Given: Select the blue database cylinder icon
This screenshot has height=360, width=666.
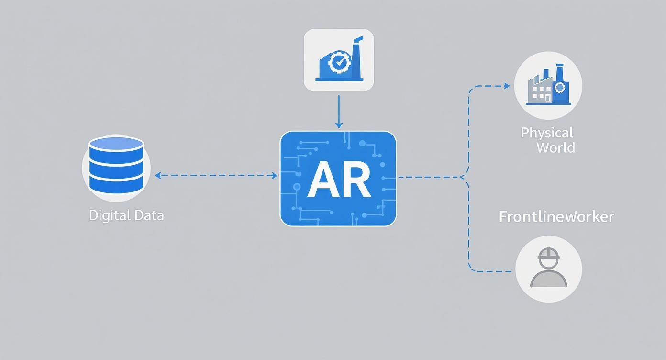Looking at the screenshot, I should [116, 166].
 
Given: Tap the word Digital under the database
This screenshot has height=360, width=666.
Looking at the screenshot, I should [109, 215].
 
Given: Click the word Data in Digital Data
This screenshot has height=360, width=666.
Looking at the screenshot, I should [149, 215].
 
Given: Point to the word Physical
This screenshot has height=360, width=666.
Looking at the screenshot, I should [547, 133].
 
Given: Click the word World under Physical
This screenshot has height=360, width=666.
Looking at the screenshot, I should [555, 147].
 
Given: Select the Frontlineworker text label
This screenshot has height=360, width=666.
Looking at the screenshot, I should [556, 216].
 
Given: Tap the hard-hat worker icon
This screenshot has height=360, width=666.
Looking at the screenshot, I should [549, 269].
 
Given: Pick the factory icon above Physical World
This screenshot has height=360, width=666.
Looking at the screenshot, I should [548, 86].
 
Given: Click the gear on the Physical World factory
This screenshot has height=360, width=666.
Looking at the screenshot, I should [560, 87].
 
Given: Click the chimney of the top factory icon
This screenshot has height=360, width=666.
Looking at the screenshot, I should [357, 57].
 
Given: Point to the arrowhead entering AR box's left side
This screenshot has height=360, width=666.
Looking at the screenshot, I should [275, 176].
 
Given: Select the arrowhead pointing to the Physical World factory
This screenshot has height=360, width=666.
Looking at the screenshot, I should [507, 86].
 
